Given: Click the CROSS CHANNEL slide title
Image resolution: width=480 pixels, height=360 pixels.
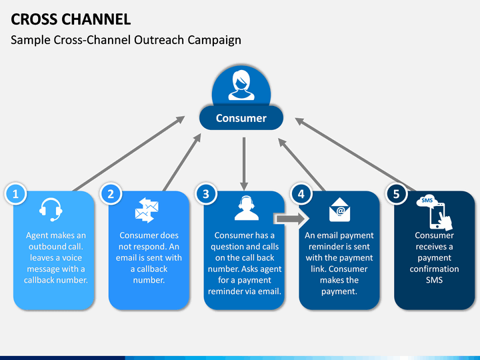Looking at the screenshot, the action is (71, 19).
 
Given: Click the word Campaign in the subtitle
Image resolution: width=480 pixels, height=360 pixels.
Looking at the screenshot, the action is (214, 41).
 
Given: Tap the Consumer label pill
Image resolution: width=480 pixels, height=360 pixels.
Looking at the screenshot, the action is (241, 118).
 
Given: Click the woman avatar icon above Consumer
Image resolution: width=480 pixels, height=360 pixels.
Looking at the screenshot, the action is (241, 85).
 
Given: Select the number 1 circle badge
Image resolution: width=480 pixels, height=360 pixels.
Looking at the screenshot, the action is (15, 194).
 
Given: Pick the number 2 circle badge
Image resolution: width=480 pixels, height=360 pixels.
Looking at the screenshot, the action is (111, 194).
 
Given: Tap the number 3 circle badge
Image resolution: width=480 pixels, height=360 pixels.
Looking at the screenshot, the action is (206, 194).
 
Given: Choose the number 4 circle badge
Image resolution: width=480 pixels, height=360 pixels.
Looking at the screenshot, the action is (301, 194).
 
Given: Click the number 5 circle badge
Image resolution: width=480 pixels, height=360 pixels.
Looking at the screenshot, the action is (397, 194).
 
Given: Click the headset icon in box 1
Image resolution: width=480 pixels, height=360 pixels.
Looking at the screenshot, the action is (51, 210).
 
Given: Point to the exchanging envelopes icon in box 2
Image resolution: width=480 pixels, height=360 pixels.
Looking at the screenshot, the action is (147, 210).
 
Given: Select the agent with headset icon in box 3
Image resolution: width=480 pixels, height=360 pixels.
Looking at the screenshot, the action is (247, 208).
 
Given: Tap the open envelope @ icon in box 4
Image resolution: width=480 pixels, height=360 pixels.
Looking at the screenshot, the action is (339, 210).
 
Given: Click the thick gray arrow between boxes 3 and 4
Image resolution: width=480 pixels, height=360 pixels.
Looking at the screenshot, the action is (290, 219).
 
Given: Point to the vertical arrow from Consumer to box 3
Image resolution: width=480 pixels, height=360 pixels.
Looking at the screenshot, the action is (244, 164).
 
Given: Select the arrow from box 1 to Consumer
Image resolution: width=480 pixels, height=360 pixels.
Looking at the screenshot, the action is (129, 154).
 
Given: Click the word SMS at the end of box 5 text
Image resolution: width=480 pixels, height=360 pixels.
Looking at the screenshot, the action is (434, 280).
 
